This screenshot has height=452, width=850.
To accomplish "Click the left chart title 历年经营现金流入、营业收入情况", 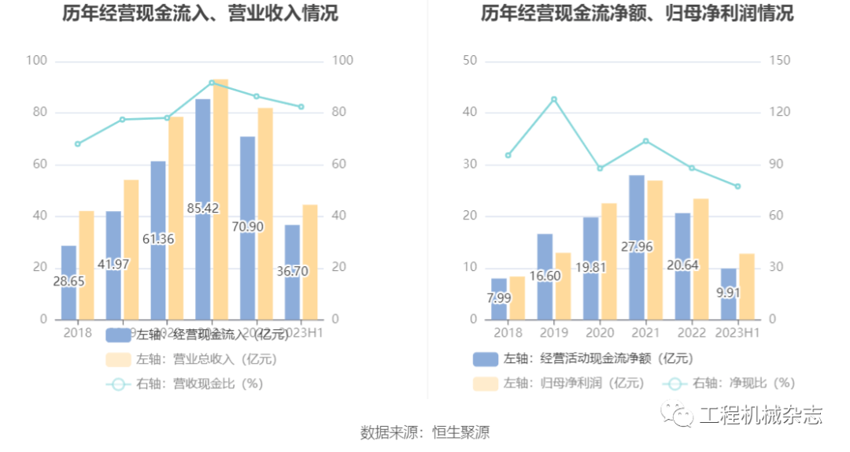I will coord(201,13).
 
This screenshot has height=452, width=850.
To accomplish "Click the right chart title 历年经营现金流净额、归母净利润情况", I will coord(637,13).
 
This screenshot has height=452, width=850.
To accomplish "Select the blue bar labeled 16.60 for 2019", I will coord(545,252).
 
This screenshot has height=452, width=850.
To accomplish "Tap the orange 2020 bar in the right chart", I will coord(609,261).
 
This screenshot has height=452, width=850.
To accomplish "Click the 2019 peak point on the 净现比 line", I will coord(554,99).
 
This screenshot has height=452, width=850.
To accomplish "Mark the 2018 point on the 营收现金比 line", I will coord(77,144).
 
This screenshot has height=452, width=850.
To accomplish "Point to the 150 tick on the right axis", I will coord(780,61).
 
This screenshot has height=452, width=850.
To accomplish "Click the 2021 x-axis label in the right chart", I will coord(646,333).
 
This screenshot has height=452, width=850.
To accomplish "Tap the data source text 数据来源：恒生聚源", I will coord(425,432).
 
